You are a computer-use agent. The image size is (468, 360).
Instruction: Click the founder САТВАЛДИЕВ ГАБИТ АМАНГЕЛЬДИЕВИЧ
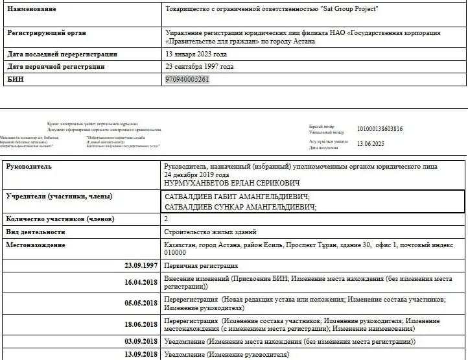pos(238,197)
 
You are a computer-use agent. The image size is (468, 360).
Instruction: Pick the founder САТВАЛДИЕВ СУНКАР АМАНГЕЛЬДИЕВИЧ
pos(241,207)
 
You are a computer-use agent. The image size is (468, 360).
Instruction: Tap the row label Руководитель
pos(29,167)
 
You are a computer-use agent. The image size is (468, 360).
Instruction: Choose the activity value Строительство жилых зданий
pos(211,232)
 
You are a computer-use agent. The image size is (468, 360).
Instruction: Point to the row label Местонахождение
pos(36,245)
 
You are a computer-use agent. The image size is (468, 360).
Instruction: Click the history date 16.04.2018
pos(141,283)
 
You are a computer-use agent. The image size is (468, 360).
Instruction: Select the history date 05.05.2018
pos(141,303)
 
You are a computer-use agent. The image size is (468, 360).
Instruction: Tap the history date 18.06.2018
pos(141,324)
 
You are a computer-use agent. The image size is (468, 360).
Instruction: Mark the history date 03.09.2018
pos(141,341)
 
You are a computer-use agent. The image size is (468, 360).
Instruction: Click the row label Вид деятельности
pos(36,232)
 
